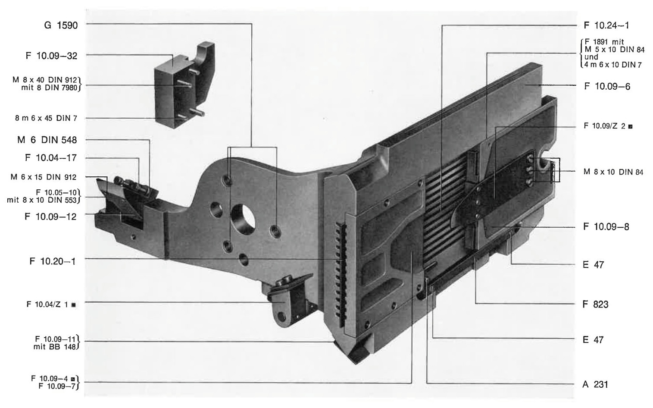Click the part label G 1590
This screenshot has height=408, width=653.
click(61, 25)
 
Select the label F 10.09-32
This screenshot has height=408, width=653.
click(52, 56)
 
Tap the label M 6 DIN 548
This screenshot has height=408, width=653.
click(47, 140)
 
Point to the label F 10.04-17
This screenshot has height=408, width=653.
click(51, 158)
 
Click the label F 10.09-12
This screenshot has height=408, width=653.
click(51, 217)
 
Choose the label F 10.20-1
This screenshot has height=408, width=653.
click(53, 261)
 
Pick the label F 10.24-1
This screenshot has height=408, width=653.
click(606, 25)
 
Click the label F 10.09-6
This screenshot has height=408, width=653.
click(607, 86)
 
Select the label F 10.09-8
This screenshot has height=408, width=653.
click(606, 226)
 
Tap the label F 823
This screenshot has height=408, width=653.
click(595, 304)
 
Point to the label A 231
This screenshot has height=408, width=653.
click(595, 384)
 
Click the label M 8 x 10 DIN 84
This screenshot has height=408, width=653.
click(613, 172)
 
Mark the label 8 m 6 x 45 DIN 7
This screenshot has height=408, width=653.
click(47, 118)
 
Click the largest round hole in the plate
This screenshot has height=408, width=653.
click(243, 220)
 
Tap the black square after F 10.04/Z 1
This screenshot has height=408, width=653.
click(73, 305)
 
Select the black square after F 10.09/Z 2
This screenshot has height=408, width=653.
click(630, 126)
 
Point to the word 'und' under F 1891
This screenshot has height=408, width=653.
click(591, 57)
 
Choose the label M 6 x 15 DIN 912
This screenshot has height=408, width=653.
click(44, 177)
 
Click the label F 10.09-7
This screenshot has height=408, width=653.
click(57, 386)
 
